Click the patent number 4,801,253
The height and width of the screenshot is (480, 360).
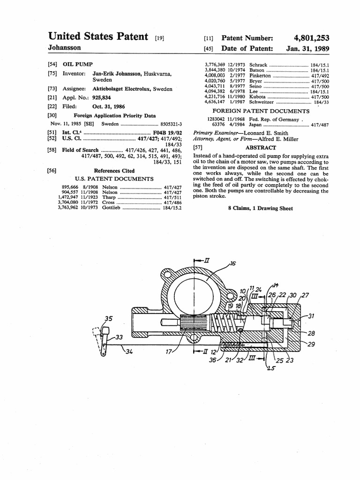point(312,38)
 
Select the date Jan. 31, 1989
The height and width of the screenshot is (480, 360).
point(307,48)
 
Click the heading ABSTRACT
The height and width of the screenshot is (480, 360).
point(261,147)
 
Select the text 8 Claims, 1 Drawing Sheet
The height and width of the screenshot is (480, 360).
point(260,208)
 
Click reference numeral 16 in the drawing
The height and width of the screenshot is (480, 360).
point(232,264)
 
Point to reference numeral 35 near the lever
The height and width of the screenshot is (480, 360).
point(108,319)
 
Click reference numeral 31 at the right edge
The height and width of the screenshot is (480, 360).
point(311,316)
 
